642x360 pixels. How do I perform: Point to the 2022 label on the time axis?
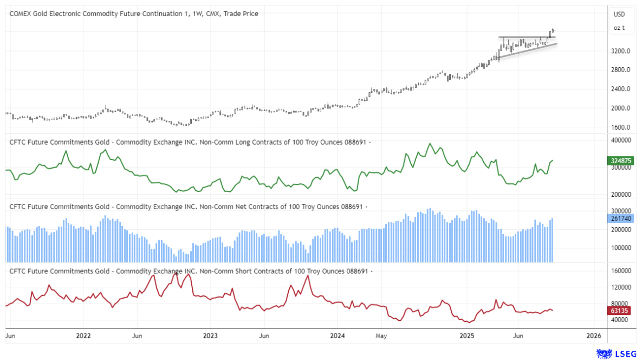[x=83, y=336]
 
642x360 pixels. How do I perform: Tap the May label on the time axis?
[x=382, y=336]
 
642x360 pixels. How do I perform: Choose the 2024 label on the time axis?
[x=338, y=336]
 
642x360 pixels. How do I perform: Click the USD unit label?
[x=619, y=14]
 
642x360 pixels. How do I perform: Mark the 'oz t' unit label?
[x=619, y=28]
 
